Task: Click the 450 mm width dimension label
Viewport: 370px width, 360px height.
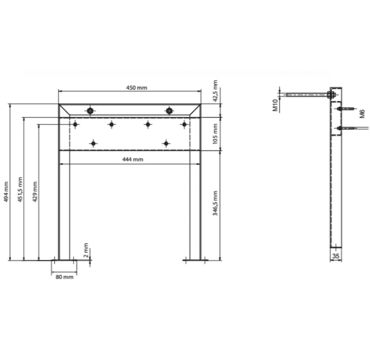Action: point(136,88)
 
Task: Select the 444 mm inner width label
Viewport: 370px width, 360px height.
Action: point(133,159)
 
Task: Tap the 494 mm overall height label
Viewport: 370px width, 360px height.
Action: point(6,191)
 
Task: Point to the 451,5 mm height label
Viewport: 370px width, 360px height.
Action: point(20,189)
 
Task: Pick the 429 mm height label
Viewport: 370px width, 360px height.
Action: point(35,191)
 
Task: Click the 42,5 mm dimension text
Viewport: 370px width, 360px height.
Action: point(215,91)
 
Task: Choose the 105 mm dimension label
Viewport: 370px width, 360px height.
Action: point(215,134)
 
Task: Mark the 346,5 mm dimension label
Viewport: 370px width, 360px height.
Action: point(215,203)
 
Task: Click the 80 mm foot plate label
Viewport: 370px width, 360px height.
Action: point(65,277)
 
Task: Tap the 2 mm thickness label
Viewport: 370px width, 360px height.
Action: point(86,250)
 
